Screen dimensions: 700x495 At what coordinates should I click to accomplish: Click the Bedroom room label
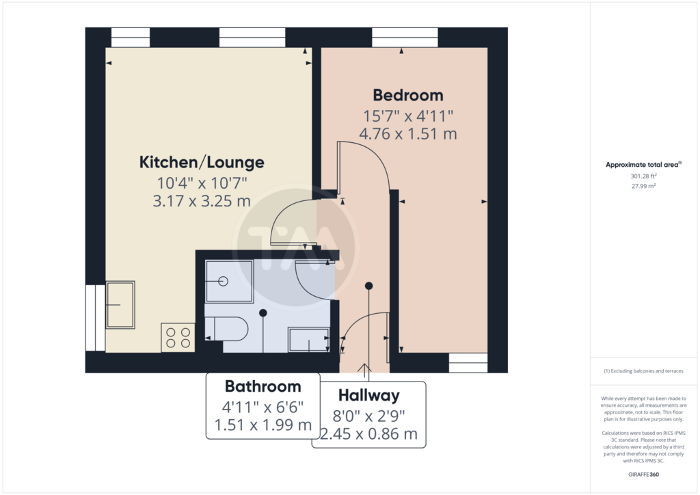click(408, 95)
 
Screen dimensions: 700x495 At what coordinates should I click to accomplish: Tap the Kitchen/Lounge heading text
click(202, 162)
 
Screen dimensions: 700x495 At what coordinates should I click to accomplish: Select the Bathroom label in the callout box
click(263, 386)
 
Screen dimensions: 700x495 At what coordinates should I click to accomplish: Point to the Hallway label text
click(368, 395)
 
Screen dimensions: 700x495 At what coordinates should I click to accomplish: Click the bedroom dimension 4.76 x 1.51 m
click(408, 133)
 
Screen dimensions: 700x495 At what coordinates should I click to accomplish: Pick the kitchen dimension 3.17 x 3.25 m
click(202, 201)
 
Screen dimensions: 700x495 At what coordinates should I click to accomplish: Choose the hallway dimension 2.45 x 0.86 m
click(368, 433)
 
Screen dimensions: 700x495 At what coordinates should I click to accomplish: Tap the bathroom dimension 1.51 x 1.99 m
click(263, 425)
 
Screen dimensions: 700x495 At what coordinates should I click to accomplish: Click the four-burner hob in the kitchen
click(178, 338)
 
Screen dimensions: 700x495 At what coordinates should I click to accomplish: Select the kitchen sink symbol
click(120, 305)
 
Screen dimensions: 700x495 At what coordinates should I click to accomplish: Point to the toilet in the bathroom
click(226, 330)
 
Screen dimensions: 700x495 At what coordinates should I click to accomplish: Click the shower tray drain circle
click(224, 281)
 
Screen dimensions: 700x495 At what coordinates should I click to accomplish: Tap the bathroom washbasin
click(309, 340)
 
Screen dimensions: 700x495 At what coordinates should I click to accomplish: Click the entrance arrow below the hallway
click(365, 369)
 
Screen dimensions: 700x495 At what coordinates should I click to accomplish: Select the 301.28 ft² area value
click(643, 176)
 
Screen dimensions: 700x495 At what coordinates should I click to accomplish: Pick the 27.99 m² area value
click(643, 186)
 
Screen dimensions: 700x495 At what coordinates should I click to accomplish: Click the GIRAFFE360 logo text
click(643, 474)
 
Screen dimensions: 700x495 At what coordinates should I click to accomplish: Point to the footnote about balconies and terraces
click(643, 371)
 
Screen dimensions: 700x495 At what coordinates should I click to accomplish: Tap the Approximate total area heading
click(643, 165)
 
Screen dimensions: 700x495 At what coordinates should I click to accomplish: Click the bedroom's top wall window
click(405, 38)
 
